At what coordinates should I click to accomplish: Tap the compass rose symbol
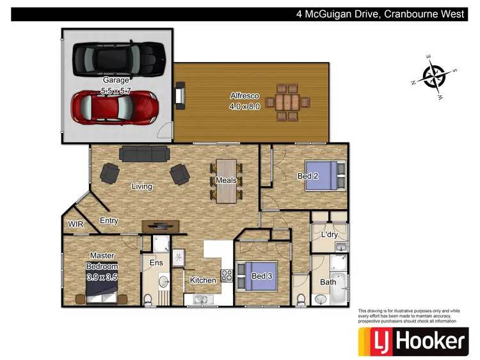point(435,75)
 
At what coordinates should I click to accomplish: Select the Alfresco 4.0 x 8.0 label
point(245,102)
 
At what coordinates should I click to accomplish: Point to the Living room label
point(142,187)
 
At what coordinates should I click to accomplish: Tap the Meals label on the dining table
point(226,181)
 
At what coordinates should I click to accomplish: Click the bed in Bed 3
point(257,276)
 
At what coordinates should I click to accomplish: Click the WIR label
point(76,224)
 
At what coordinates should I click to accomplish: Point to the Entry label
point(109,221)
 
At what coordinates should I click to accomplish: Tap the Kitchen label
point(203,280)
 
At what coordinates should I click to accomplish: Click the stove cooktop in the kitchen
point(226,276)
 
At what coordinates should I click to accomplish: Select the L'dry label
point(329,235)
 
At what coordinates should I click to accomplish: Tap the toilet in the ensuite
point(148,299)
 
